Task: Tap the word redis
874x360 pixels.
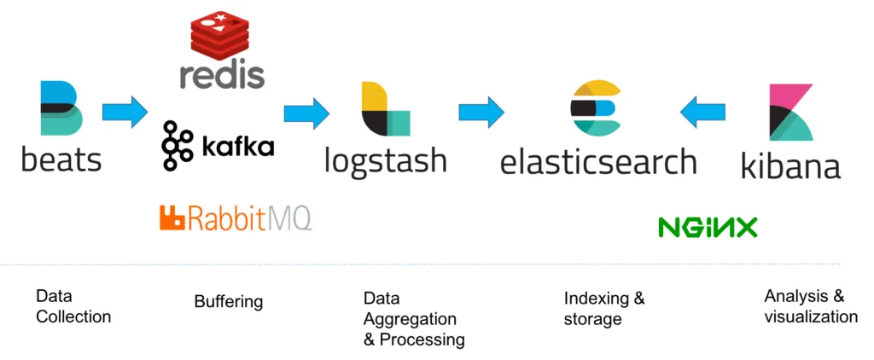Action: click(x=222, y=74)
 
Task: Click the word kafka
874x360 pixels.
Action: click(x=238, y=146)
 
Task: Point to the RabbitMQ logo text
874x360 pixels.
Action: click(x=236, y=218)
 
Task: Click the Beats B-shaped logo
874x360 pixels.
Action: click(x=61, y=108)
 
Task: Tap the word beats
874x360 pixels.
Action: click(x=61, y=159)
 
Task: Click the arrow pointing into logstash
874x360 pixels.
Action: click(x=306, y=111)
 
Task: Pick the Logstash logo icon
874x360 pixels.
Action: click(x=385, y=108)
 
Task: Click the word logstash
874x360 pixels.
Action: click(x=385, y=160)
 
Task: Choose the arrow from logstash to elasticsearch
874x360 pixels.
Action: click(x=481, y=111)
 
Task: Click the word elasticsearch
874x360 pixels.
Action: click(x=597, y=160)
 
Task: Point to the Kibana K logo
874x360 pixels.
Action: click(x=790, y=112)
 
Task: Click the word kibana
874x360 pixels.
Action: click(x=790, y=165)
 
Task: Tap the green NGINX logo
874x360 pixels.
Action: click(x=708, y=227)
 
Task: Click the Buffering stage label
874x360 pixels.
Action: click(x=228, y=301)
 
